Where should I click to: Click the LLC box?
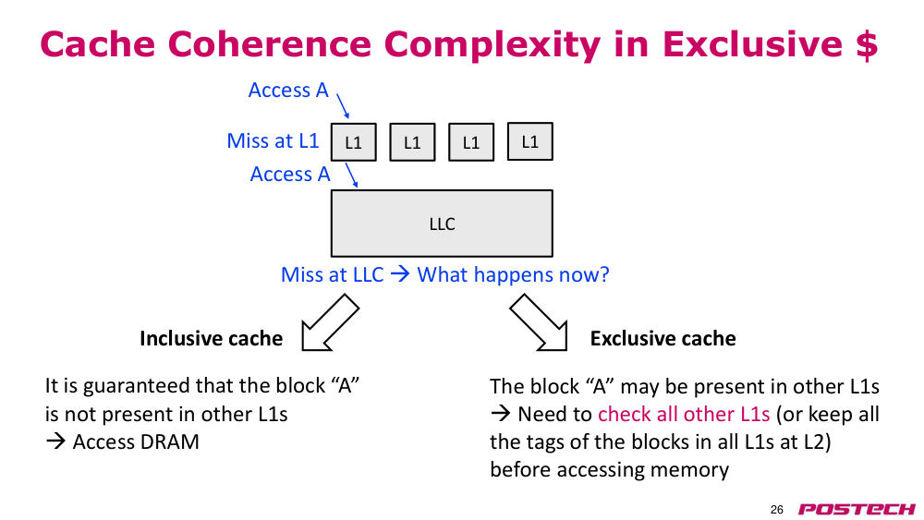442,224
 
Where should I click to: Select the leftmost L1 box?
354,142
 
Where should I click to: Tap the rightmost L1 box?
530,141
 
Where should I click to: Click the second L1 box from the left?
412,142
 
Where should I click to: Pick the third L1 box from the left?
471,142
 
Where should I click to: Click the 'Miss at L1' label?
273,140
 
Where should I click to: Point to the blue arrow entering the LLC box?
351,175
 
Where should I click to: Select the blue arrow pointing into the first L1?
343,105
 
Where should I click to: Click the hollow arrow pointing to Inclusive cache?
329,323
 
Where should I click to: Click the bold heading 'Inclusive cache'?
211,339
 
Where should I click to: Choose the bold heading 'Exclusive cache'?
663,339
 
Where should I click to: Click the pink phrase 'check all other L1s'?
684,414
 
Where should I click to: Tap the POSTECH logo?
857,510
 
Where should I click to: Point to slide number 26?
777,510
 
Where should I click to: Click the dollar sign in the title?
867,44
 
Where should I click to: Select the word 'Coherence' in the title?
269,44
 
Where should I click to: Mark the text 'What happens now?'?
513,275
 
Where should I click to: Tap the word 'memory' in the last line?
689,470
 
